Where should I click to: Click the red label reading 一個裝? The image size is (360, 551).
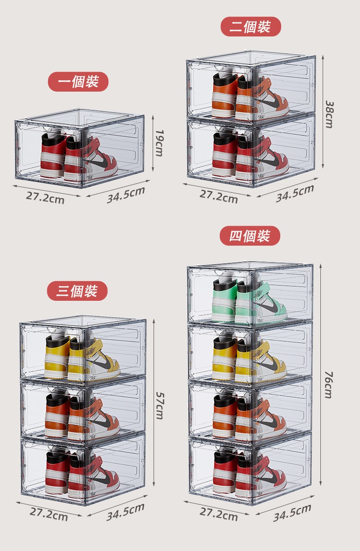(x=78, y=82)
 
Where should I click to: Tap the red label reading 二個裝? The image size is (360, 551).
(x=251, y=26)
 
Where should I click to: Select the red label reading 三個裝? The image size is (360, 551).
(x=77, y=291)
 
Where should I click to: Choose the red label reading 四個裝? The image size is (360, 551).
(x=250, y=236)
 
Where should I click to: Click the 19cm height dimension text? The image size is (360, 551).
(x=159, y=143)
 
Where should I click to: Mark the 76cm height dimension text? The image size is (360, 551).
(x=329, y=385)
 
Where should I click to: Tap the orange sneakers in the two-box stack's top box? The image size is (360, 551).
(x=250, y=95)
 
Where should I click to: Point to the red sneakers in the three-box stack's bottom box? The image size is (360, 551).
(x=82, y=474)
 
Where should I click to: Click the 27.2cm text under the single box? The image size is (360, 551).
(x=45, y=197)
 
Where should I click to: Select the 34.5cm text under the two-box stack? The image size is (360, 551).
(x=295, y=193)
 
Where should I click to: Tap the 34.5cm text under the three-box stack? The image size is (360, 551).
(x=125, y=512)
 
